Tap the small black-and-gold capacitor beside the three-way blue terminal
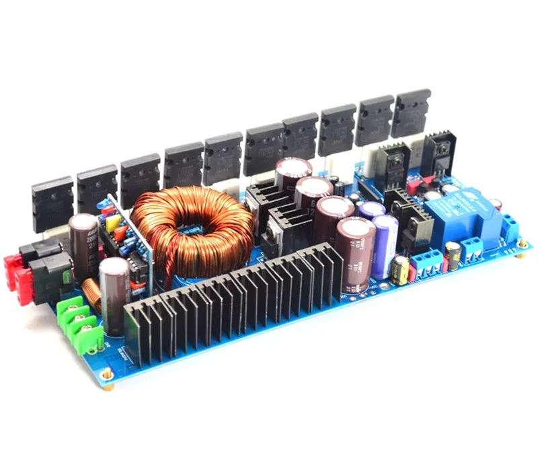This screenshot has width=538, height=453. click(401, 269)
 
